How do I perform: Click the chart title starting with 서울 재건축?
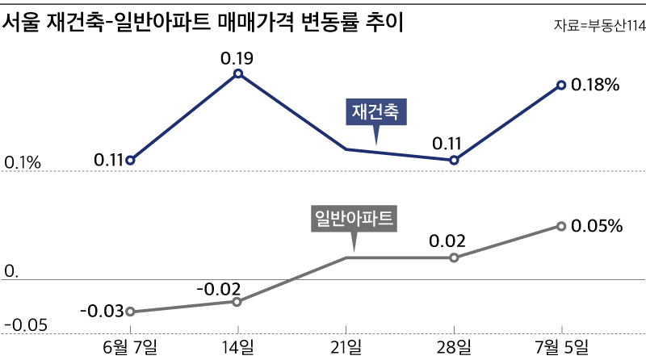[x=203, y=23]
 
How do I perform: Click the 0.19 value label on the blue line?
[x=237, y=58]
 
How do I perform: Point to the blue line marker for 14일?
[x=238, y=73]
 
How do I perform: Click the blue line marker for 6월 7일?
[x=130, y=160]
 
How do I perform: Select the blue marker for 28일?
[x=454, y=160]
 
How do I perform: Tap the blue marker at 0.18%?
[x=561, y=85]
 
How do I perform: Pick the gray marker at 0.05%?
[x=561, y=226]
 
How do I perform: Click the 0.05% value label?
[x=597, y=227]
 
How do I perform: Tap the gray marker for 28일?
[x=454, y=257]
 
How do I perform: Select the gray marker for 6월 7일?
[x=130, y=312]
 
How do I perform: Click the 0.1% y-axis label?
[x=23, y=164]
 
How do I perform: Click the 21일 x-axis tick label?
[x=346, y=347]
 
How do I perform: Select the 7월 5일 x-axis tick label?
[x=561, y=347]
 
